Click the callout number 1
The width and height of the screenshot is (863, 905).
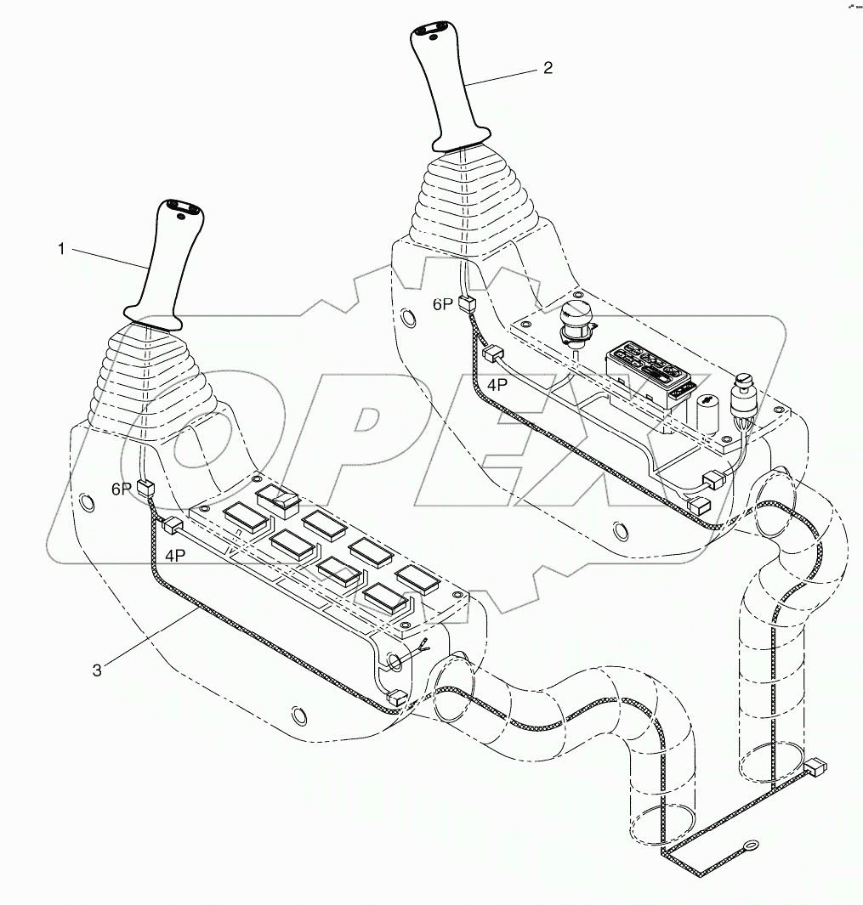61,249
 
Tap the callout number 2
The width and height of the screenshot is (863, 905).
548,68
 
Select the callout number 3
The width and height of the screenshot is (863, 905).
97,670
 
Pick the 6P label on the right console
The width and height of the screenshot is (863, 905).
443,304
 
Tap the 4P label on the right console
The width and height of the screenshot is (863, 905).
498,383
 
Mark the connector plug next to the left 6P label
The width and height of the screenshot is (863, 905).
145,488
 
